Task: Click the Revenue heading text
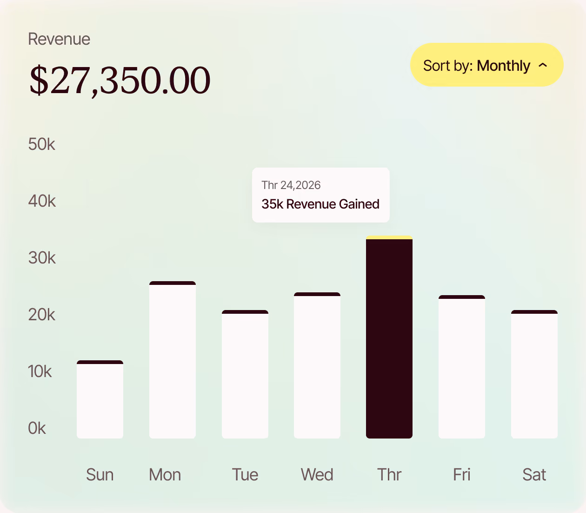pos(59,39)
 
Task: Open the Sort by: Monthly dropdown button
pos(486,65)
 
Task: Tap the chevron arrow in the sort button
pos(543,65)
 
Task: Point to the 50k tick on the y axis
pos(41,144)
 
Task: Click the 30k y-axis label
pos(42,257)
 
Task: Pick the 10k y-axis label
pos(40,371)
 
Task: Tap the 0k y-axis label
pos(37,428)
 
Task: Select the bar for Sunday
pos(100,399)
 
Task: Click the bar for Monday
pos(173,360)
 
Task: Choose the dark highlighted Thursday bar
pos(389,337)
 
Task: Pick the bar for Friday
pos(462,367)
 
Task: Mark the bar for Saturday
pos(534,374)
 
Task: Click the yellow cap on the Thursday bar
pos(389,237)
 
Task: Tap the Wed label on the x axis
pos(317,475)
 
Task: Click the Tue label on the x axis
pos(245,475)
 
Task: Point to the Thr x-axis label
pos(389,475)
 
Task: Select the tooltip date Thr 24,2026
pos(291,185)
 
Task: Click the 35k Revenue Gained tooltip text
pos(320,204)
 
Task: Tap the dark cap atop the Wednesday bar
pos(317,294)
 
